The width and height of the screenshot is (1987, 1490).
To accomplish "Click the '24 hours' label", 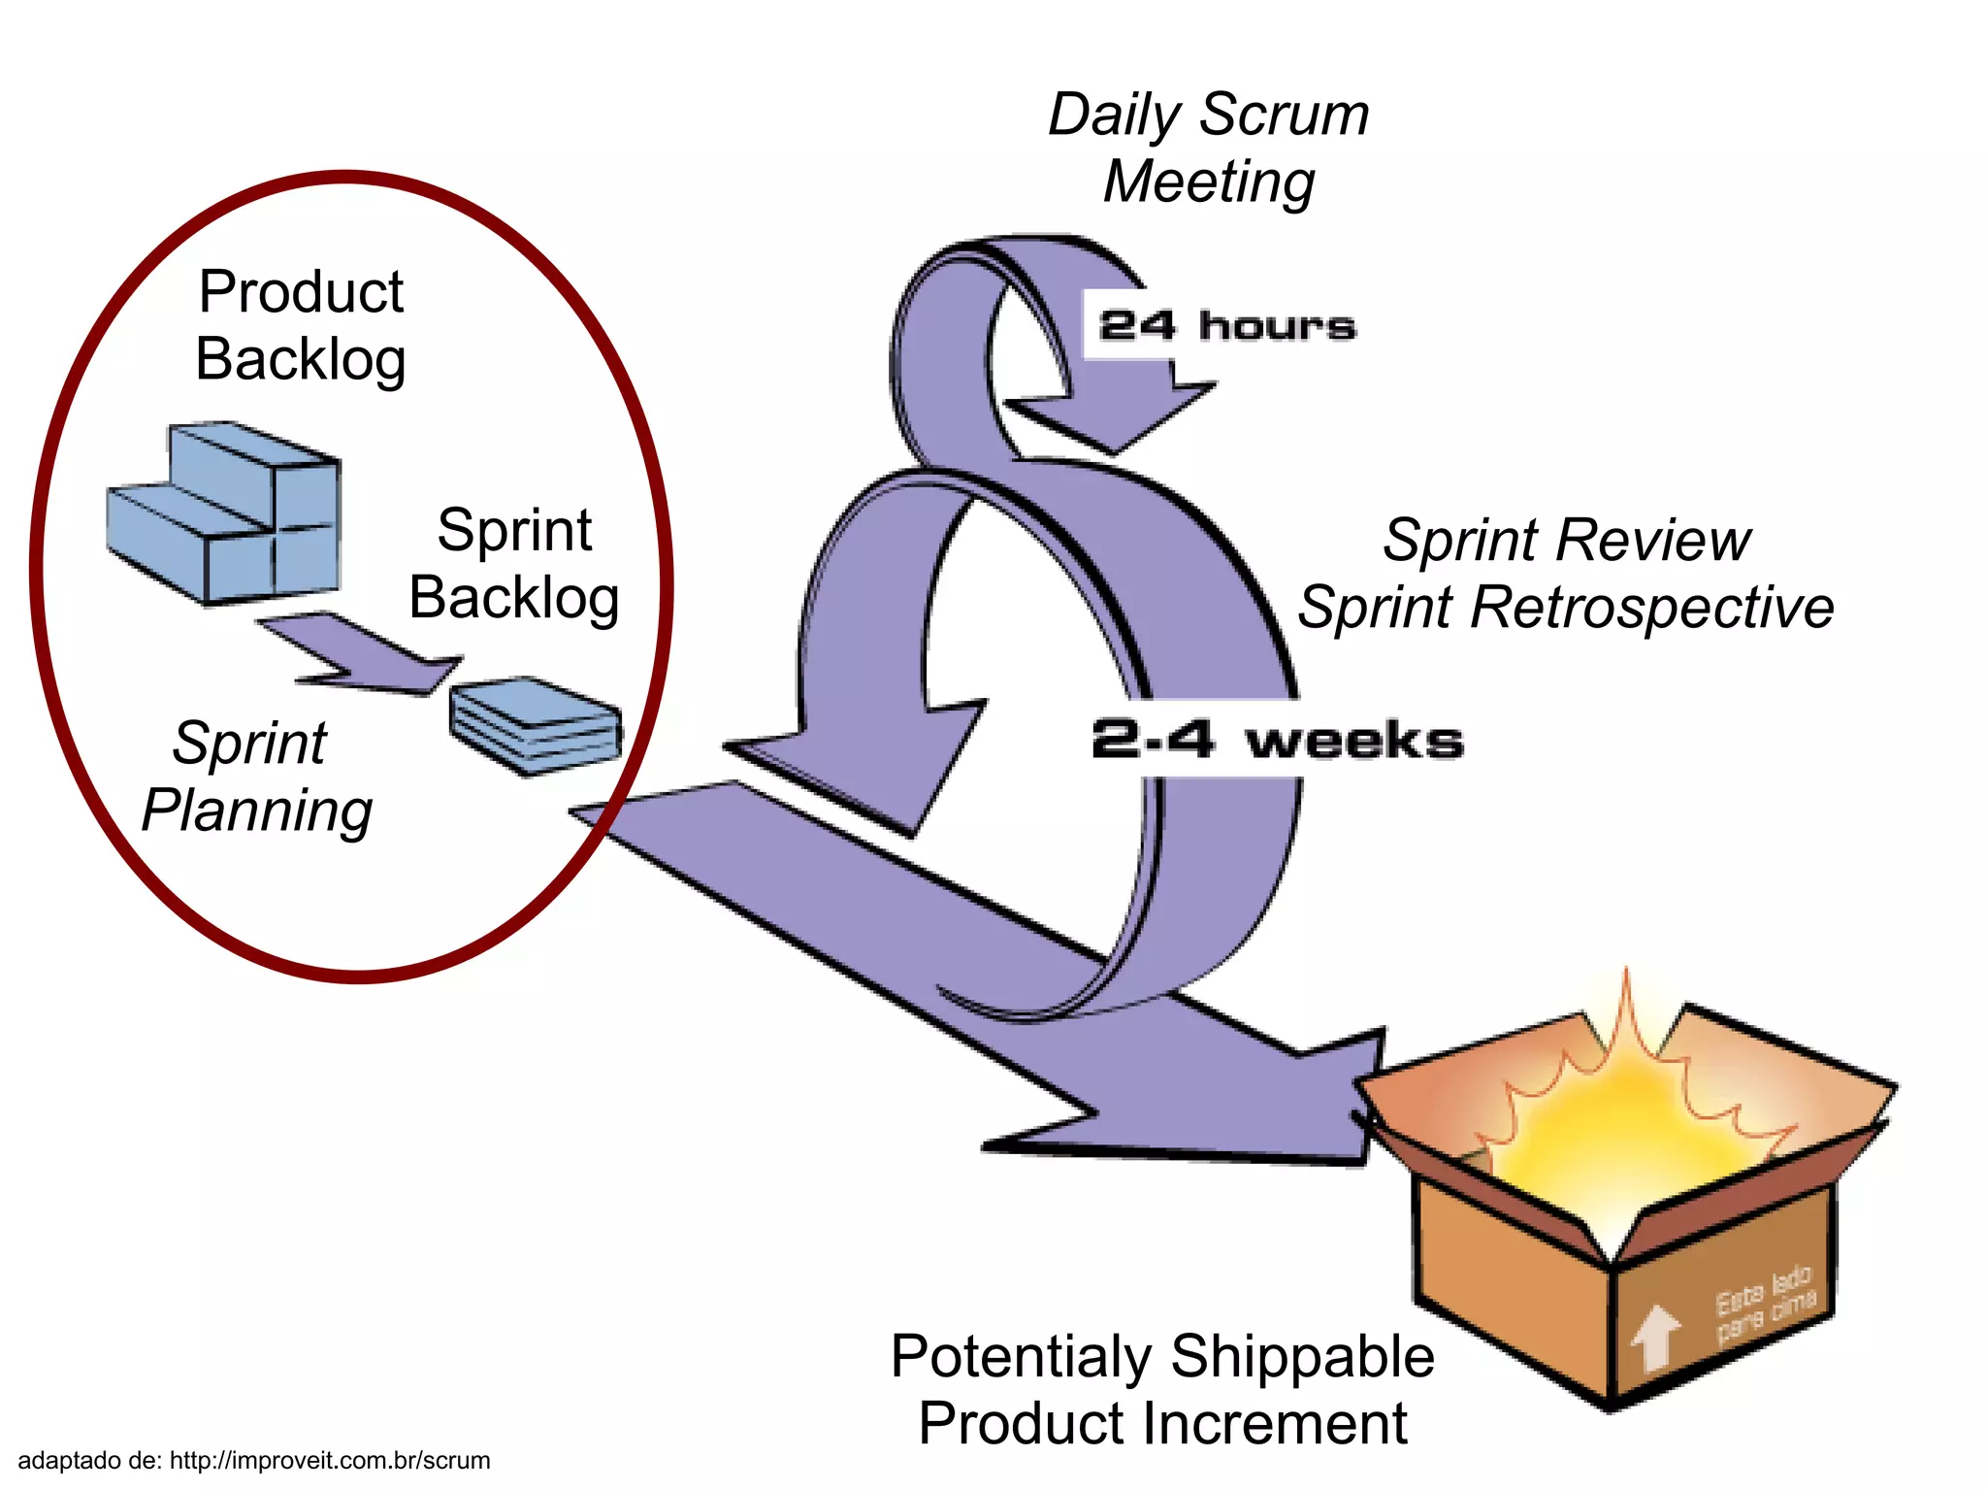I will click(1226, 325).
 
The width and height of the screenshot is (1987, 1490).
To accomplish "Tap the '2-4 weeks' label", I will click(1276, 740).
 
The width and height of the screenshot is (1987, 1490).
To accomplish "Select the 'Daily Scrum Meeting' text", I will click(1209, 148).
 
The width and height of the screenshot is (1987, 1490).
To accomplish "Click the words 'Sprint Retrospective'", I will click(1566, 608).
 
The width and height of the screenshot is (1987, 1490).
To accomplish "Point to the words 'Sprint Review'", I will click(1566, 540).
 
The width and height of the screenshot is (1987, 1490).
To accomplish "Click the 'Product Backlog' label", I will click(301, 325).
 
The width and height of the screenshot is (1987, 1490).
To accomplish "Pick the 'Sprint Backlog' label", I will click(514, 564).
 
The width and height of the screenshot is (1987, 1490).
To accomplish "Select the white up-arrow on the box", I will click(1655, 1338).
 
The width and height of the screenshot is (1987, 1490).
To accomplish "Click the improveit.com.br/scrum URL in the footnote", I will click(330, 1460).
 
